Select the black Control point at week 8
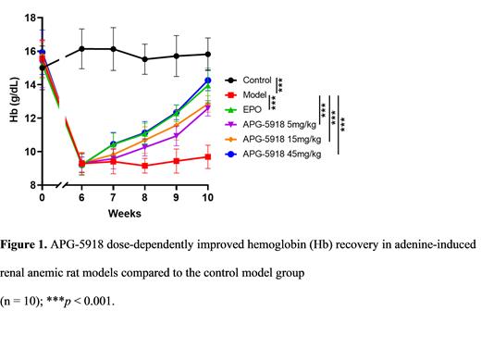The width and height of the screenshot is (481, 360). (144, 59)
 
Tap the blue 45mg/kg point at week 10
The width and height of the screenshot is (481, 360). (208, 81)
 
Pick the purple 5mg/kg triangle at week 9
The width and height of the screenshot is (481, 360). (177, 136)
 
